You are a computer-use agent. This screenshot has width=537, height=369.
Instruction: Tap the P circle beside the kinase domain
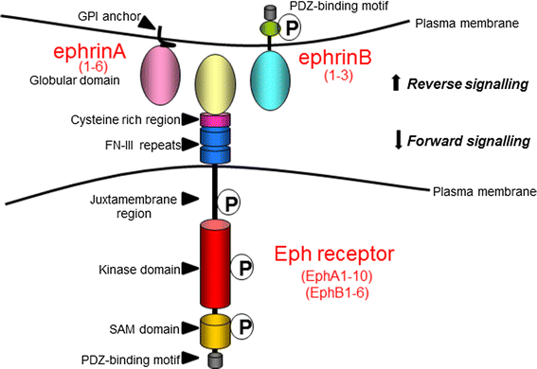[x=245, y=268]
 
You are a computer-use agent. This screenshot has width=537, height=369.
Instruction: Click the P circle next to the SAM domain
[x=245, y=326]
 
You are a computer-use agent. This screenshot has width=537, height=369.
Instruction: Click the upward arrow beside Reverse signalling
[x=396, y=84]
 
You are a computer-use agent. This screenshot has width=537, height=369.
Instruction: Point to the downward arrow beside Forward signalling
[x=396, y=142]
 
